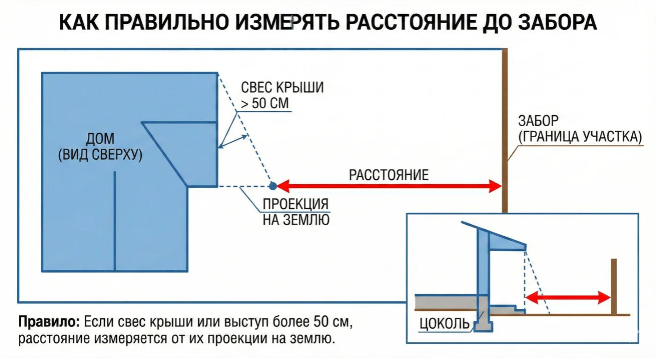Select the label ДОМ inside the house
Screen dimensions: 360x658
(x=100, y=139)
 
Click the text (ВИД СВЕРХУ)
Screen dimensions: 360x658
(x=100, y=155)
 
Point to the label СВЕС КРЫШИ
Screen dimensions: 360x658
(x=282, y=87)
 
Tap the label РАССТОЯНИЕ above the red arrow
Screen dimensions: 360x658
(x=389, y=175)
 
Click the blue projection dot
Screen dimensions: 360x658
(x=273, y=186)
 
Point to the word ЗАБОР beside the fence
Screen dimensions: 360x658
(x=538, y=121)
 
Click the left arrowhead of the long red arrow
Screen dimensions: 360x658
(x=282, y=186)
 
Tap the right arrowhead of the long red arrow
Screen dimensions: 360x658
(x=495, y=186)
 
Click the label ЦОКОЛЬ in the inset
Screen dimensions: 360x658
(x=444, y=324)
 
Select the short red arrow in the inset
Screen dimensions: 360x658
(x=568, y=297)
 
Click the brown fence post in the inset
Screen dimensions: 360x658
(x=614, y=286)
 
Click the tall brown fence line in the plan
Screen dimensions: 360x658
(x=505, y=115)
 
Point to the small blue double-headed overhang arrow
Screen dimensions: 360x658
(x=233, y=142)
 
